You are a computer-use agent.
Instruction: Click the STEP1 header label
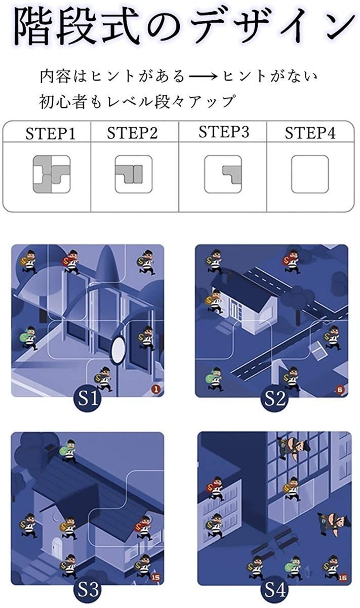click(50, 134)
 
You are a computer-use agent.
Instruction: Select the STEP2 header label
click(132, 133)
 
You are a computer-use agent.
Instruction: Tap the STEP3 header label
click(224, 132)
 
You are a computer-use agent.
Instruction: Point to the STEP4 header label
click(310, 133)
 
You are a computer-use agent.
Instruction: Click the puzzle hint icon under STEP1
click(52, 174)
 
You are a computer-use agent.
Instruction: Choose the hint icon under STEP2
click(134, 174)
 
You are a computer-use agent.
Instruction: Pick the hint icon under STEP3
click(223, 174)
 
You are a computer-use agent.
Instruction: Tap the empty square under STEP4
click(310, 174)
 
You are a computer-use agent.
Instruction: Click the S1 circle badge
click(87, 399)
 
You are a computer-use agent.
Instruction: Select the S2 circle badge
click(275, 399)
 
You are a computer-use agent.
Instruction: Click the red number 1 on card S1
click(155, 389)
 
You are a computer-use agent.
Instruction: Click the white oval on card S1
click(118, 349)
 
